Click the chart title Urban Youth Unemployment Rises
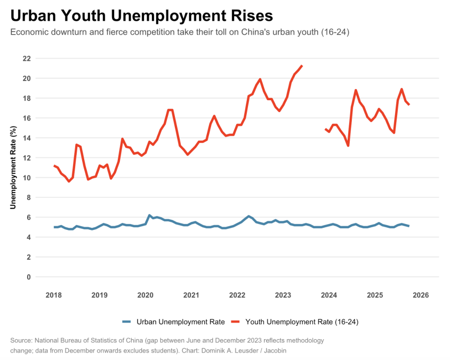pyautogui.click(x=142, y=15)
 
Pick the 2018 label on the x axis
pyautogui.click(x=53, y=295)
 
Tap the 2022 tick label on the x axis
pyautogui.click(x=237, y=295)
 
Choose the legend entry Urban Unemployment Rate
pyautogui.click(x=180, y=322)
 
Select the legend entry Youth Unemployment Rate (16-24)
pyautogui.click(x=305, y=322)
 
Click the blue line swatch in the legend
pyautogui.click(x=126, y=322)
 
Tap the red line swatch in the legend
pyautogui.click(x=235, y=322)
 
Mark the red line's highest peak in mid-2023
pyautogui.click(x=302, y=66)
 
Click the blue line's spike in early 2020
pyautogui.click(x=149, y=215)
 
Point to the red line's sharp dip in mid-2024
pyautogui.click(x=348, y=146)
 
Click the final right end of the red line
pyautogui.click(x=409, y=105)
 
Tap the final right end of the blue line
pyautogui.click(x=409, y=226)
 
